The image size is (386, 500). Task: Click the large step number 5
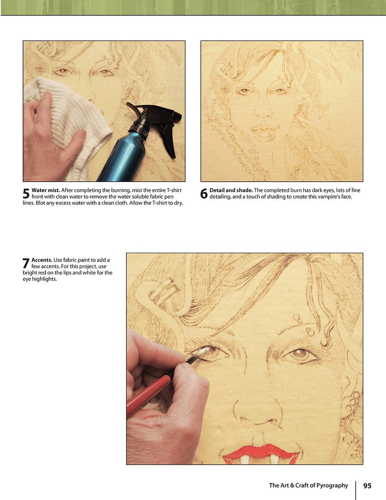(26, 194)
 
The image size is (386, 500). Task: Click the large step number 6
(204, 194)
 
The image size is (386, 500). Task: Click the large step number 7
(26, 264)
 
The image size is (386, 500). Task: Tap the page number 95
(367, 486)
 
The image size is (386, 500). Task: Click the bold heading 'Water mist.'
(46, 190)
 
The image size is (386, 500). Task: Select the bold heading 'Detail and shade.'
(231, 190)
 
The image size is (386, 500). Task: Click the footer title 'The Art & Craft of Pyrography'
(308, 486)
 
